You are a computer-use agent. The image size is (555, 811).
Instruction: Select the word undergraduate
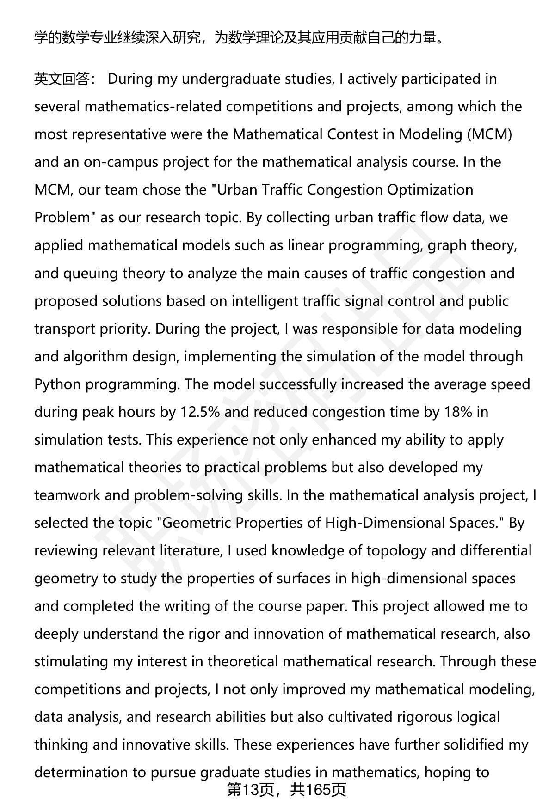229,79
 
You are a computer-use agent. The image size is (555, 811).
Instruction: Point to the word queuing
90,274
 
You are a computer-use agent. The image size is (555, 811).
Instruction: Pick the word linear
306,245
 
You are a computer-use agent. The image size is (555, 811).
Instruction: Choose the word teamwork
68,495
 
